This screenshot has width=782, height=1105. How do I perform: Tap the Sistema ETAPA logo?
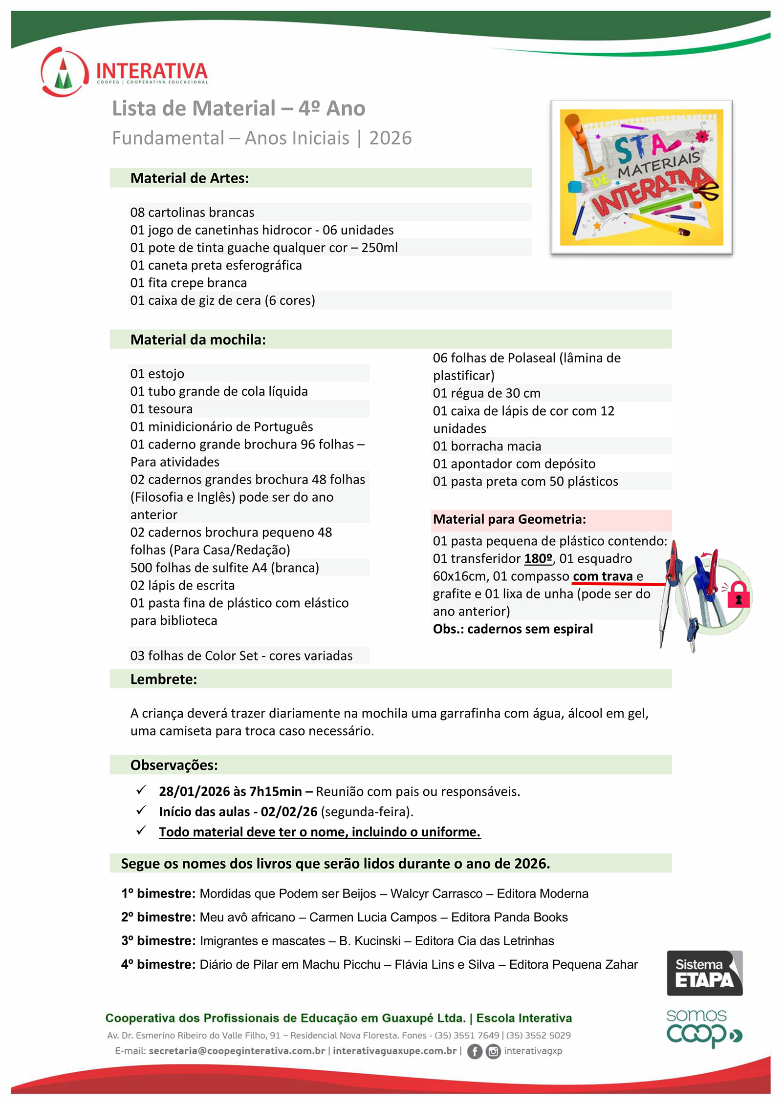tap(704, 973)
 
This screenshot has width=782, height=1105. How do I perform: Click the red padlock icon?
tap(738, 595)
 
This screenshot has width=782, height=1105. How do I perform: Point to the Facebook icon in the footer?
tap(474, 1051)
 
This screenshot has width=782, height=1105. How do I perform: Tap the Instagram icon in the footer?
tap(493, 1051)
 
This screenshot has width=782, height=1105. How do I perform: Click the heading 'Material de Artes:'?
tap(190, 178)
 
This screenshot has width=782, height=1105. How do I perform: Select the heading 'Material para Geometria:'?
tap(509, 519)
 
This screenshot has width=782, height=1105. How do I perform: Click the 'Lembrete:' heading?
tap(164, 680)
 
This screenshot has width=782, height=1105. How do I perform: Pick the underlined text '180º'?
tap(538, 559)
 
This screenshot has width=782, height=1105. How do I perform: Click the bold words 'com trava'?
tap(603, 576)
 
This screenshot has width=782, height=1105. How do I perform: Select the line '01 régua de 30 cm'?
tap(487, 393)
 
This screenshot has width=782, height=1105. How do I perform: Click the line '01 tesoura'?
tap(161, 409)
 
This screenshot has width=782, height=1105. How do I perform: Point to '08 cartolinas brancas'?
tap(192, 212)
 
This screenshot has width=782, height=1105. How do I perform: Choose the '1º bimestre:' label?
tap(158, 893)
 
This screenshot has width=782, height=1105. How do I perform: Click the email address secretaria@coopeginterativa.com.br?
tap(237, 1051)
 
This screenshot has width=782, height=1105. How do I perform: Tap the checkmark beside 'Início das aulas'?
tap(141, 810)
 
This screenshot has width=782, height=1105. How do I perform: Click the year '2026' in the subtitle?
tap(390, 138)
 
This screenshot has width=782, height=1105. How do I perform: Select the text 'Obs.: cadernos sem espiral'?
tap(513, 629)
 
